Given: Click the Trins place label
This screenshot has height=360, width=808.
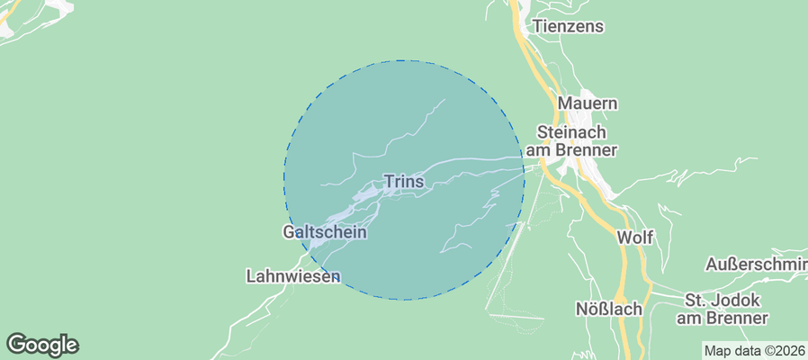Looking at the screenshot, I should [x=404, y=182].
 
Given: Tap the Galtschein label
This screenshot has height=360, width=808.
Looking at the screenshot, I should [x=325, y=232].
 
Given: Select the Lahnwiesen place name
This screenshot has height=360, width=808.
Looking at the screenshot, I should [x=292, y=276].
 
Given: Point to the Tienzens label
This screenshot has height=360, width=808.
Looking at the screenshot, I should [x=568, y=26].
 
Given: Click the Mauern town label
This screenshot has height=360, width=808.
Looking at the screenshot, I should [x=588, y=103].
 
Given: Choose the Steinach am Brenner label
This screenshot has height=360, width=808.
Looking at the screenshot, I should [x=577, y=139].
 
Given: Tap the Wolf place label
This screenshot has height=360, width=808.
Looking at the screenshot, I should [x=634, y=238].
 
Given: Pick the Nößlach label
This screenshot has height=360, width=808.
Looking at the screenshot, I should [x=609, y=309].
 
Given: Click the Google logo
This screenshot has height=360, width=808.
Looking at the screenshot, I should [x=42, y=345].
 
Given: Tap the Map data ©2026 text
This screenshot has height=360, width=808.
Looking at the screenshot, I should [x=754, y=351].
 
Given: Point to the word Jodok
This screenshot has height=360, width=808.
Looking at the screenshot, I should [x=739, y=300].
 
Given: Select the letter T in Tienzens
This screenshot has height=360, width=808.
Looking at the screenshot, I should [x=537, y=26].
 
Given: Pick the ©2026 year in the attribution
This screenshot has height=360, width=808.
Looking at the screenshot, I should [x=782, y=351].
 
